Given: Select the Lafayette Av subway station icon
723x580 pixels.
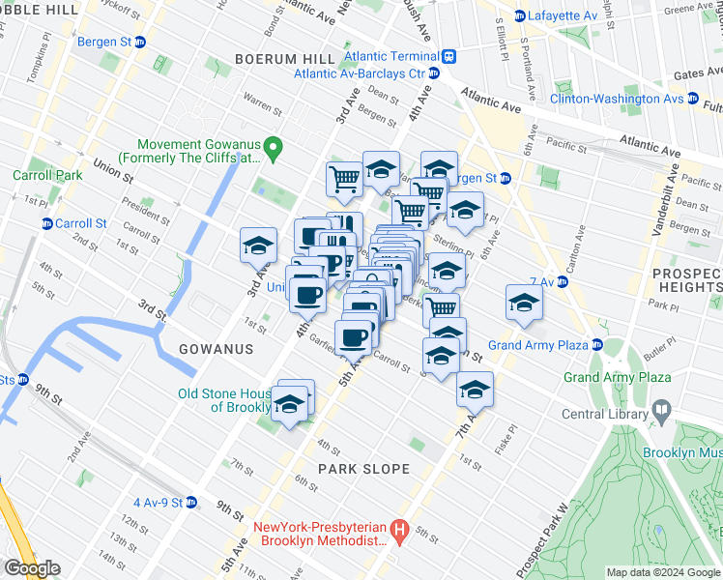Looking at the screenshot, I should click(520, 15).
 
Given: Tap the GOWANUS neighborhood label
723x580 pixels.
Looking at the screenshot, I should click(216, 349).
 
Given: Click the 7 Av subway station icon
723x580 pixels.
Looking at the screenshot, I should click(562, 281).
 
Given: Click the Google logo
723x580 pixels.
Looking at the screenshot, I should click(32, 568).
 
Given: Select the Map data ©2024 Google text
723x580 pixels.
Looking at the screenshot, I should click(663, 573).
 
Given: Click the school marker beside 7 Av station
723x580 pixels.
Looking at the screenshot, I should click(523, 303).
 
